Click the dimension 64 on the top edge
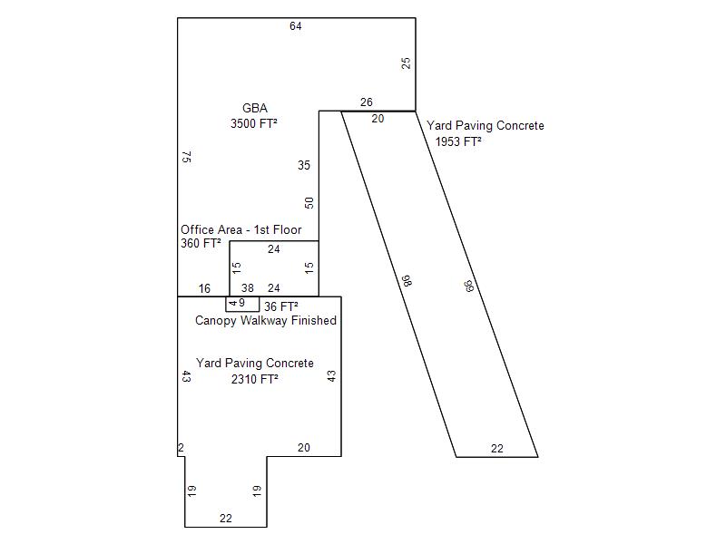pyautogui.click(x=296, y=26)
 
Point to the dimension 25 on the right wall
pyautogui.click(x=407, y=63)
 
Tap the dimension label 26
pyautogui.click(x=367, y=102)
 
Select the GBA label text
pyautogui.click(x=255, y=108)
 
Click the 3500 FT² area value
pyautogui.click(x=254, y=123)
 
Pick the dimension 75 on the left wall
pyautogui.click(x=186, y=157)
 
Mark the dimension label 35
pyautogui.click(x=304, y=166)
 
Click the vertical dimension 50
pyautogui.click(x=309, y=203)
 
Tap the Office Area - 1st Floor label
pyautogui.click(x=240, y=230)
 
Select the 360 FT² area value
pyautogui.click(x=201, y=244)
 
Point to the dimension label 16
pyautogui.click(x=204, y=289)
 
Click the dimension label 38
pyautogui.click(x=247, y=288)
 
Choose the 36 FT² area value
pyautogui.click(x=281, y=306)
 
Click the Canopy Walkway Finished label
pyautogui.click(x=266, y=321)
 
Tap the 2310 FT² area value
pyautogui.click(x=254, y=379)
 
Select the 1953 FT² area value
pyautogui.click(x=458, y=141)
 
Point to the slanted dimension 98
pyautogui.click(x=407, y=282)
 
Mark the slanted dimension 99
pyautogui.click(x=469, y=287)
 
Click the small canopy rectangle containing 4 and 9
pyautogui.click(x=242, y=304)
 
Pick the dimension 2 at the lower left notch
pyautogui.click(x=181, y=448)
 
